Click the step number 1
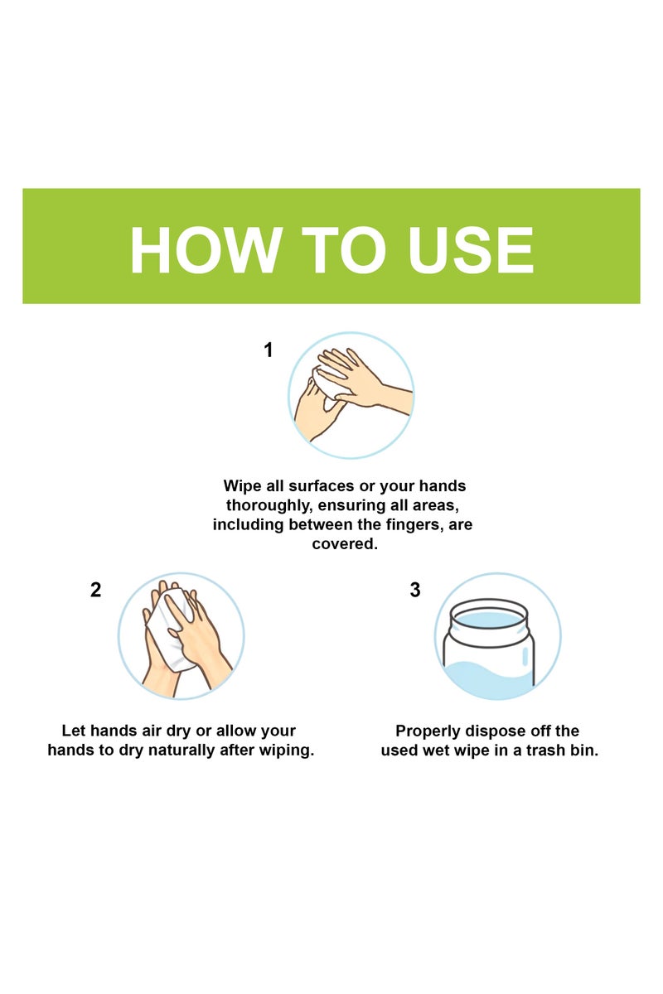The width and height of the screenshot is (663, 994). pos(268,350)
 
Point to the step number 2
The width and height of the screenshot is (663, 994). pos(95,591)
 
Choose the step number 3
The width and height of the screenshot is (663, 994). pos(414,591)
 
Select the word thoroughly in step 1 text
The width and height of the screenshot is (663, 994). pos(265,505)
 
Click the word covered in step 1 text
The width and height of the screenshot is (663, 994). pos(344,544)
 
